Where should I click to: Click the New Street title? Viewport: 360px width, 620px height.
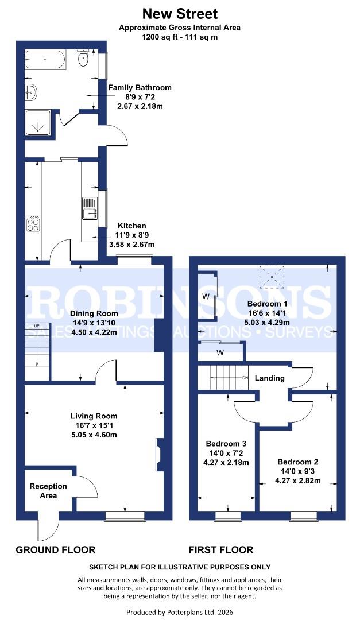click(180, 13)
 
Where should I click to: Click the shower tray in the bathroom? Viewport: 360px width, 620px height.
click(38, 122)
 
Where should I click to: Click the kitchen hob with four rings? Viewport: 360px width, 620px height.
click(33, 224)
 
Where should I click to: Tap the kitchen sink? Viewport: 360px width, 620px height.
click(90, 208)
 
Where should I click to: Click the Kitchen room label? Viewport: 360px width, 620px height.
click(131, 226)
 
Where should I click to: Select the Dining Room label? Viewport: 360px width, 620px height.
click(94, 313)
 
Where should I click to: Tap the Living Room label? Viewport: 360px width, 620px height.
click(94, 416)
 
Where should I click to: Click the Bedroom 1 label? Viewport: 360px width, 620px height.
click(267, 303)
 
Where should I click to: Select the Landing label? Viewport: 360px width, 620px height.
click(269, 378)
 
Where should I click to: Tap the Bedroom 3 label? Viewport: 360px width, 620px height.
click(226, 444)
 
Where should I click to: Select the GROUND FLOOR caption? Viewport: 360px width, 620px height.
click(55, 549)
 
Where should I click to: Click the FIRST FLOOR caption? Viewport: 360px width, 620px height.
click(224, 549)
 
